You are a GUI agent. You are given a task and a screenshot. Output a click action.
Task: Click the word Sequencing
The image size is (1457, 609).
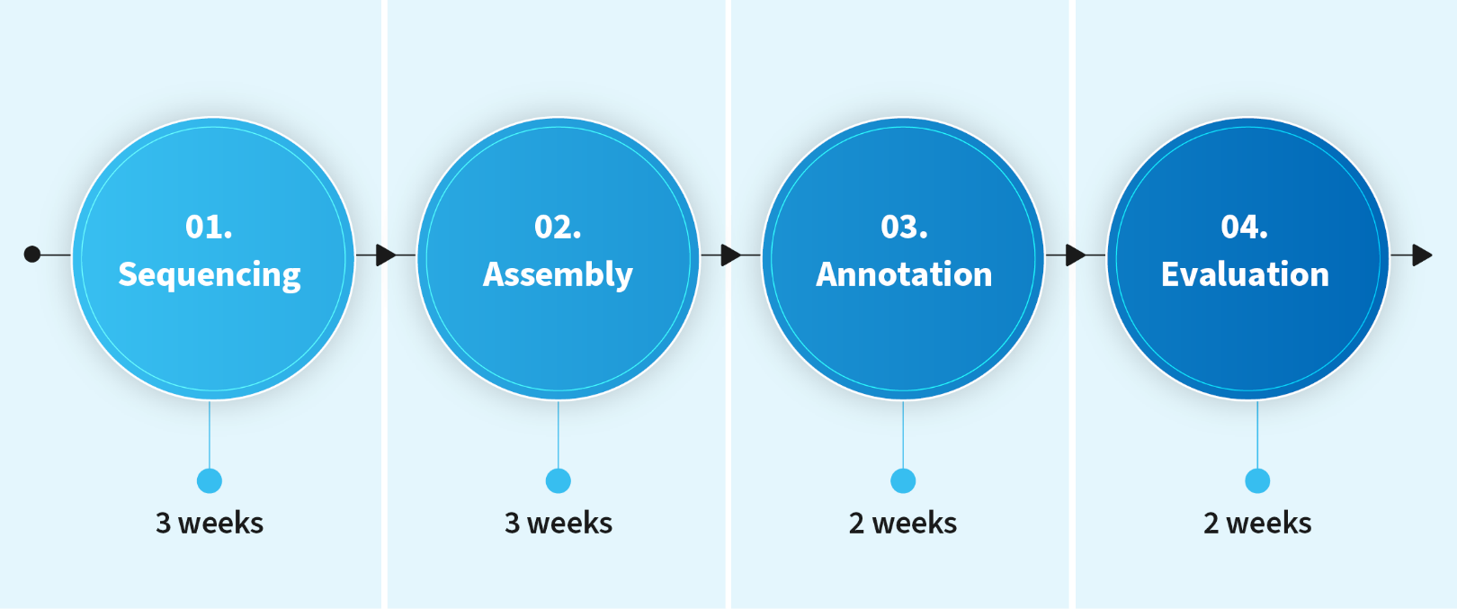[210, 274]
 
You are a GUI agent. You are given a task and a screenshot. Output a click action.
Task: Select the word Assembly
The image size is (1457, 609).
[558, 274]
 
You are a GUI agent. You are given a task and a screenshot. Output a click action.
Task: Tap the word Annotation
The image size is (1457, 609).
[904, 274]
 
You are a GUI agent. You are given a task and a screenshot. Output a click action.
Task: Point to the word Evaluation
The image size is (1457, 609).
[1245, 274]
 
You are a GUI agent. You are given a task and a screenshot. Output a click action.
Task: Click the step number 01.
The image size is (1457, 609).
[209, 227]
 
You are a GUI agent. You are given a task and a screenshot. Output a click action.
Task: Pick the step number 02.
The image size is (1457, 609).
[558, 227]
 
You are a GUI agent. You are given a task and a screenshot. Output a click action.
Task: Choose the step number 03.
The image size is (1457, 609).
[904, 227]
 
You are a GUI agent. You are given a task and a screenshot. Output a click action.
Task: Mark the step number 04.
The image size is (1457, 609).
[1245, 227]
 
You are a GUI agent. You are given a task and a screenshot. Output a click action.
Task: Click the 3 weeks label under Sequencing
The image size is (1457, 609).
[210, 524]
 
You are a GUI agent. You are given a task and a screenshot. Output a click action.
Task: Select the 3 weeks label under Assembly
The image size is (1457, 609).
[559, 524]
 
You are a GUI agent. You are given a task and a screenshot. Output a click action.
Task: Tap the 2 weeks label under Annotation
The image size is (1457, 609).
[903, 524]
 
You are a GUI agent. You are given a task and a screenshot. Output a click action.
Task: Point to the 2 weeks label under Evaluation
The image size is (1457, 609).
[1257, 524]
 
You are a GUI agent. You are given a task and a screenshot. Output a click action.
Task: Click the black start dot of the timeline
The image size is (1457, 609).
[31, 255]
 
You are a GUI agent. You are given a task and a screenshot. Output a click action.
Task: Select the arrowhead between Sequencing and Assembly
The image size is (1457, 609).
[386, 255]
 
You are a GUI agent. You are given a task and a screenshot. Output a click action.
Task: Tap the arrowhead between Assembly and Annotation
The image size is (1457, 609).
[731, 255]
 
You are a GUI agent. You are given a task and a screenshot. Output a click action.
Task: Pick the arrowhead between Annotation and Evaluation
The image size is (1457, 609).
[1076, 255]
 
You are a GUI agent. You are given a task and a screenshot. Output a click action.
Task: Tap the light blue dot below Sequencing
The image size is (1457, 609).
[210, 481]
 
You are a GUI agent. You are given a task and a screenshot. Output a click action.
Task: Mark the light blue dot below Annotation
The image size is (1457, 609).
[903, 481]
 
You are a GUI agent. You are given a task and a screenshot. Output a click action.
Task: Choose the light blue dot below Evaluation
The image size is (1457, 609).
[1257, 481]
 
